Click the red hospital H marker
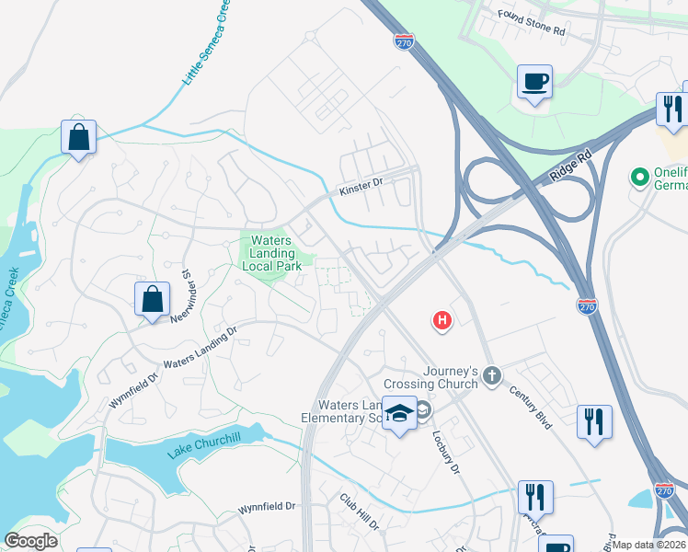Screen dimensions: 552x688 click(442, 320)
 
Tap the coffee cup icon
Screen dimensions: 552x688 click(534, 82)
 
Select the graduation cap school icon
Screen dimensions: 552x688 click(399, 415)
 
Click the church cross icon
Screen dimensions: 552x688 click(492, 374)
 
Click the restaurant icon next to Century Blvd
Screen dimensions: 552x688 click(594, 421)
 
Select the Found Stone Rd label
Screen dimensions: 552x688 click(532, 22)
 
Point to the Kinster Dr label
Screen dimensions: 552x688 click(360, 187)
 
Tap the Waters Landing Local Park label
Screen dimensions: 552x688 click(271, 253)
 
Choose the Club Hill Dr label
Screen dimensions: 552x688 click(360, 512)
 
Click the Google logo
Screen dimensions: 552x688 click(30, 541)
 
